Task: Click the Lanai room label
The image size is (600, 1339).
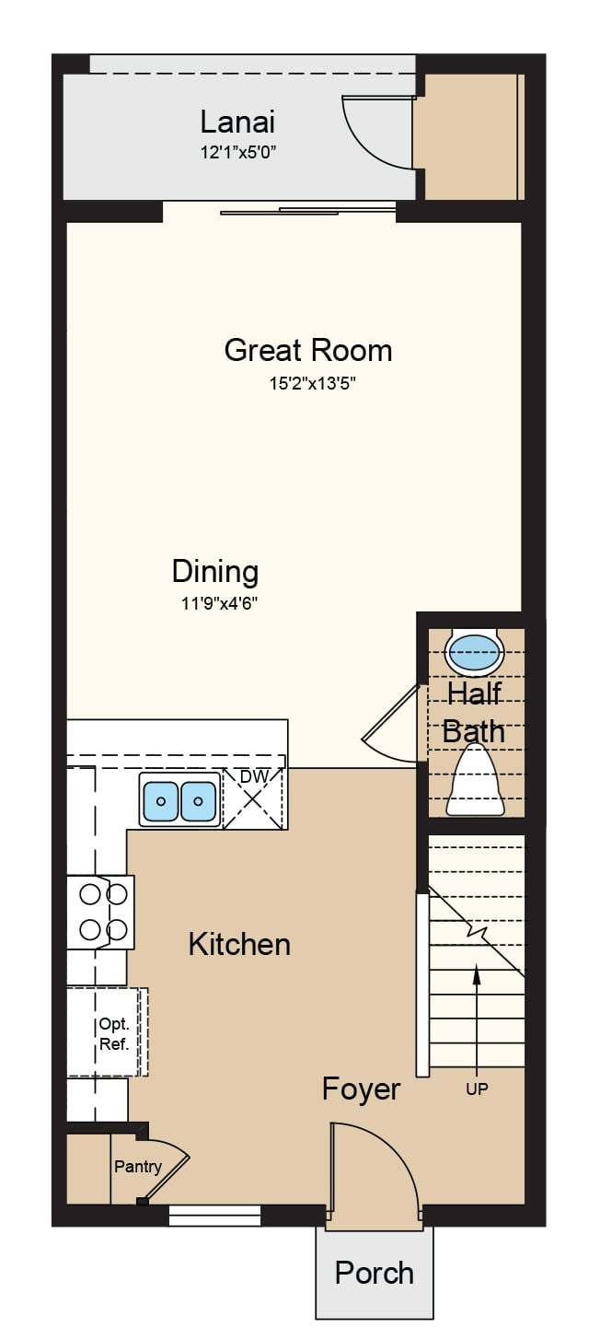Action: [x=237, y=122]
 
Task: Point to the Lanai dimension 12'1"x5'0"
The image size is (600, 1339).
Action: [x=237, y=153]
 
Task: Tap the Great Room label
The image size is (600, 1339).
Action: [x=308, y=350]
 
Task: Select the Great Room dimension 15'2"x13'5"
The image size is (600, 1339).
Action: [x=313, y=383]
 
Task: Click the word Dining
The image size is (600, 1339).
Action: [x=215, y=572]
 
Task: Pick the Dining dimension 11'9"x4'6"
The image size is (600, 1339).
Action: [x=219, y=604]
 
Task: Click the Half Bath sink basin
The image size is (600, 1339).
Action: [x=473, y=652]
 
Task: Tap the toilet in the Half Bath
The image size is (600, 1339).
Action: [x=476, y=781]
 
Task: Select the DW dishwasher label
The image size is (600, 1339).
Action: [x=253, y=776]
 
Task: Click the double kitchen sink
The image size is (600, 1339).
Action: [x=179, y=800]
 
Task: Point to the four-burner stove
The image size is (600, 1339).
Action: [x=100, y=913]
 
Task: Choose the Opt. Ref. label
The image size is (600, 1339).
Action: [x=114, y=1035]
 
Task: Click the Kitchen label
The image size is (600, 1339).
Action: [x=239, y=945]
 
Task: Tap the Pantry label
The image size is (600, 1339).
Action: [x=138, y=1166]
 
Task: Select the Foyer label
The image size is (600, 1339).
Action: [x=361, y=1089]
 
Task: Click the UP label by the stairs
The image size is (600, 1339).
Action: [x=477, y=1089]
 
